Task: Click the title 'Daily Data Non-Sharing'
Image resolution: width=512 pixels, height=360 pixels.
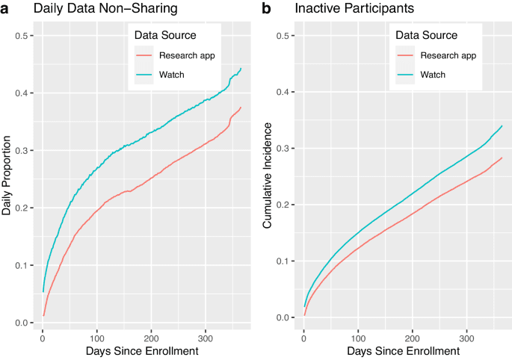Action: tap(93, 10)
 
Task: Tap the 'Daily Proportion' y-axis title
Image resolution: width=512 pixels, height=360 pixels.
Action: tap(7, 176)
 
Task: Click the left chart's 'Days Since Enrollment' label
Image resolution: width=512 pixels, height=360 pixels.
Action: tap(141, 350)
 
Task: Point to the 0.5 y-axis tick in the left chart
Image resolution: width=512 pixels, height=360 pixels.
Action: tap(22, 36)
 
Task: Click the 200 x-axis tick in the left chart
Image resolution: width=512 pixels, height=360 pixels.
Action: tap(151, 335)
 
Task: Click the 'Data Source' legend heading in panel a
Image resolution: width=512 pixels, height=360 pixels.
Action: tap(164, 35)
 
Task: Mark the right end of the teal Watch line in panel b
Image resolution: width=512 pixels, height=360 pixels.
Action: tap(502, 126)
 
